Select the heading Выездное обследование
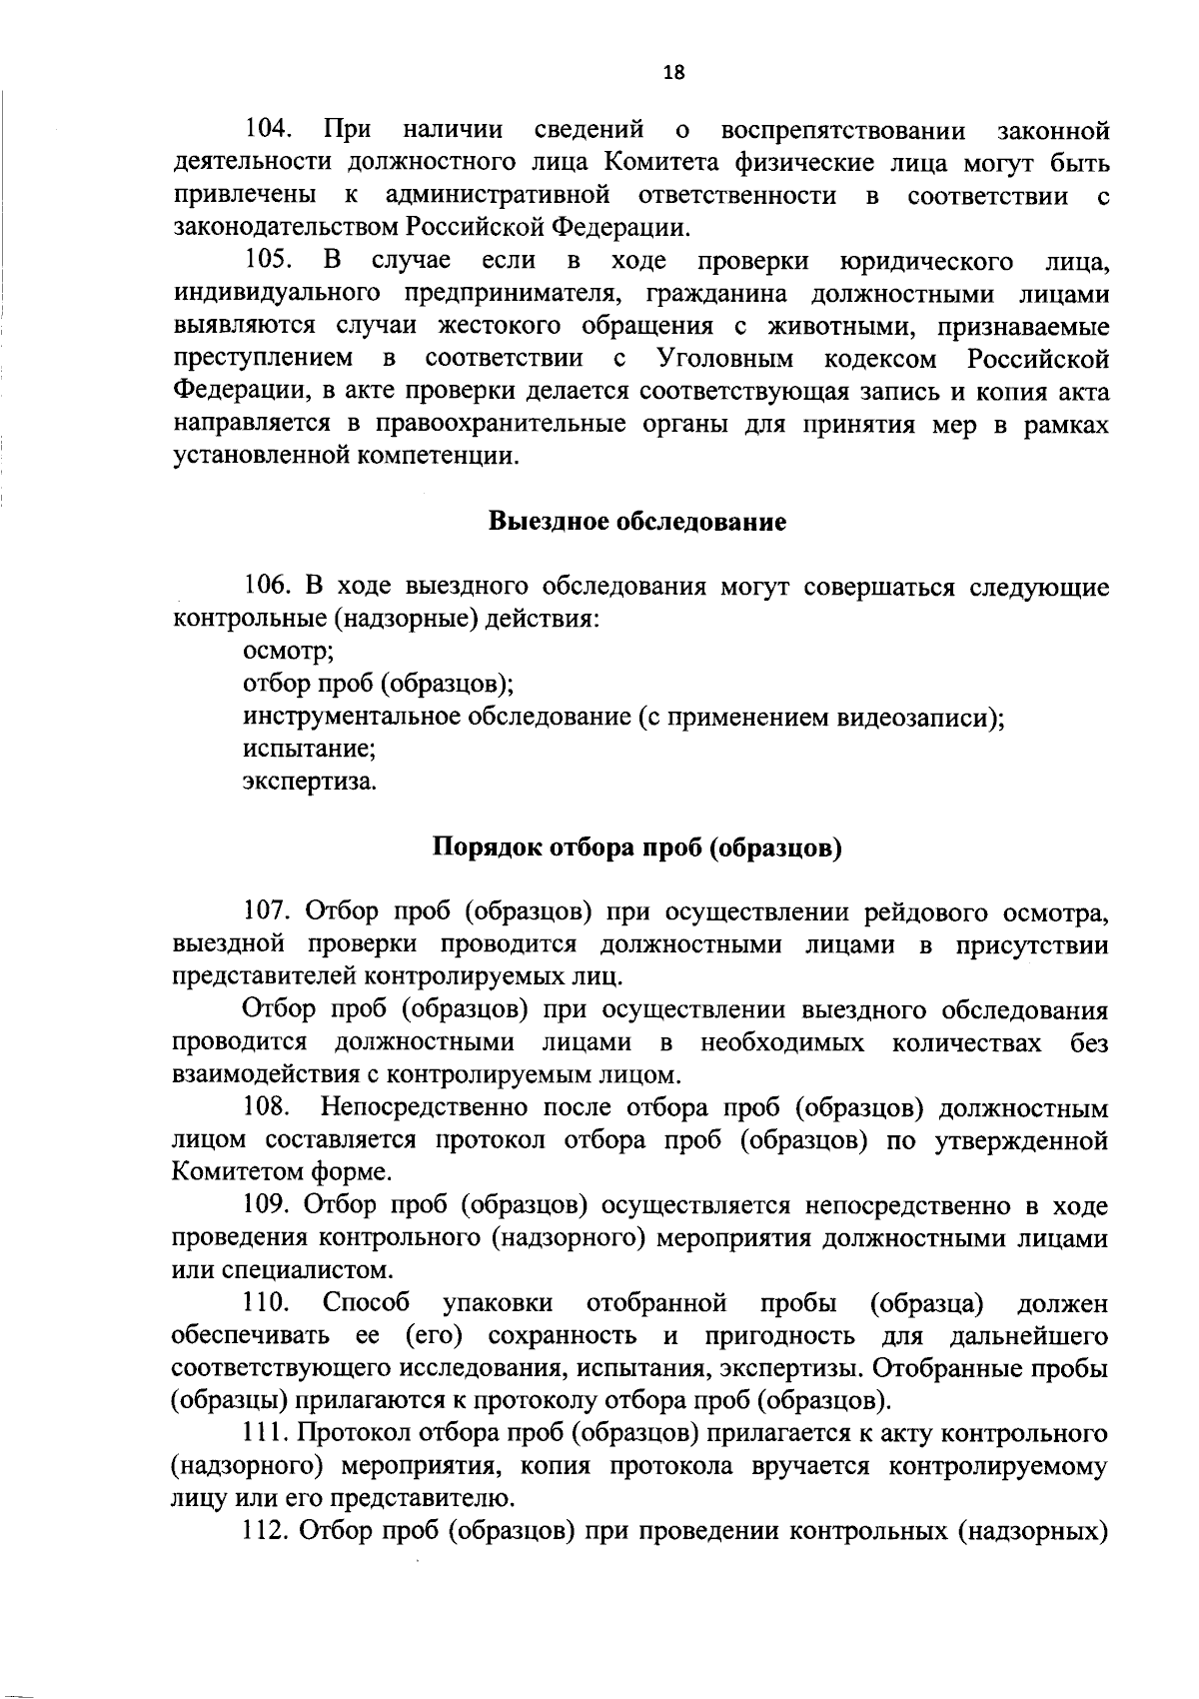pos(636,522)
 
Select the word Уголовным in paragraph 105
pos(726,358)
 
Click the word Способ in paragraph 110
pos(367,1304)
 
